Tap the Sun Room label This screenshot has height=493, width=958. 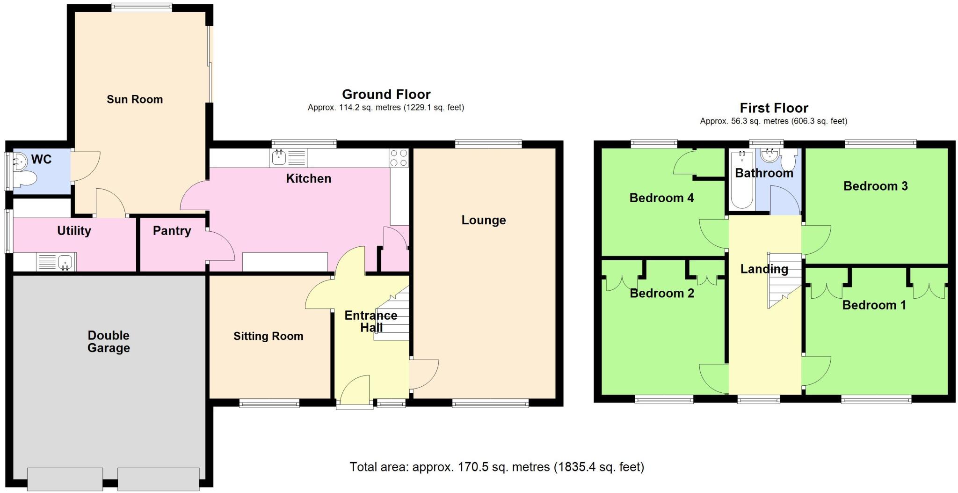(135, 99)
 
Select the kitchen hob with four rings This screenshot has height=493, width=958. (399, 158)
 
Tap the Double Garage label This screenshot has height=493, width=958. (109, 341)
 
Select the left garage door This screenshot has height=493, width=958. (65, 478)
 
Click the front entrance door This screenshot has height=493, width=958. (354, 390)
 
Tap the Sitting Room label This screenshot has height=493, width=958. (268, 336)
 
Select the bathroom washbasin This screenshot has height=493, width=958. (769, 155)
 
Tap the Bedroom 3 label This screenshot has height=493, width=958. (875, 186)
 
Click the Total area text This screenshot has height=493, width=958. (497, 467)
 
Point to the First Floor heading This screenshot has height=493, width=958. (774, 108)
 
